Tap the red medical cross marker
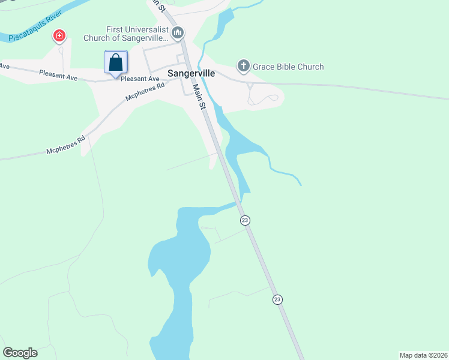pyautogui.click(x=59, y=37)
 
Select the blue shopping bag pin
pyautogui.click(x=116, y=62)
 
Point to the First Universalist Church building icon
pyautogui.click(x=177, y=32)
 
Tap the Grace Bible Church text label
pyautogui.click(x=288, y=67)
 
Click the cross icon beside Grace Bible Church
pyautogui.click(x=243, y=66)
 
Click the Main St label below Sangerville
pyautogui.click(x=199, y=97)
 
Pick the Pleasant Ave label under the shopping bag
pyautogui.click(x=140, y=79)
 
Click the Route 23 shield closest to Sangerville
pyautogui.click(x=245, y=220)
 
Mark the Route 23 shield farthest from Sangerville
pyautogui.click(x=277, y=299)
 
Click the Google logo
pyautogui.click(x=20, y=353)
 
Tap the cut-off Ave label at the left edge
pyautogui.click(x=5, y=66)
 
